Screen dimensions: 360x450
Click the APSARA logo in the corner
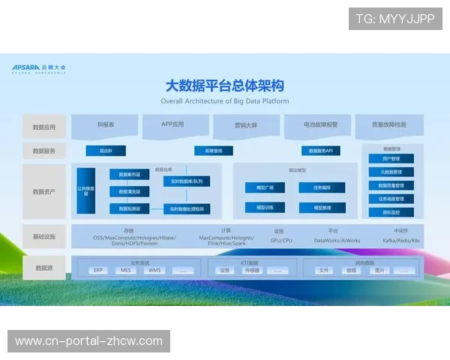(x=39, y=67)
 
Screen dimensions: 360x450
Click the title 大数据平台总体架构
(x=225, y=85)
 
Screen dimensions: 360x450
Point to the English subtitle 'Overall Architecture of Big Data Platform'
(x=225, y=101)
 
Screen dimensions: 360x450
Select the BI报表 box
(x=106, y=124)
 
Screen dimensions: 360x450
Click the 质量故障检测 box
(x=389, y=124)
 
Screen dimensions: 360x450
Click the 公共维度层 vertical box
(x=86, y=191)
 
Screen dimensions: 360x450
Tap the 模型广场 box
(x=265, y=187)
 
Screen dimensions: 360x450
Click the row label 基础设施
(x=44, y=236)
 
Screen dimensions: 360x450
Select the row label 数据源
(x=44, y=267)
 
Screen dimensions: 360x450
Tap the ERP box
(x=97, y=270)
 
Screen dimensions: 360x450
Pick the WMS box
(x=154, y=270)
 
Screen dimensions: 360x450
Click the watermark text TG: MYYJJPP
(x=395, y=19)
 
